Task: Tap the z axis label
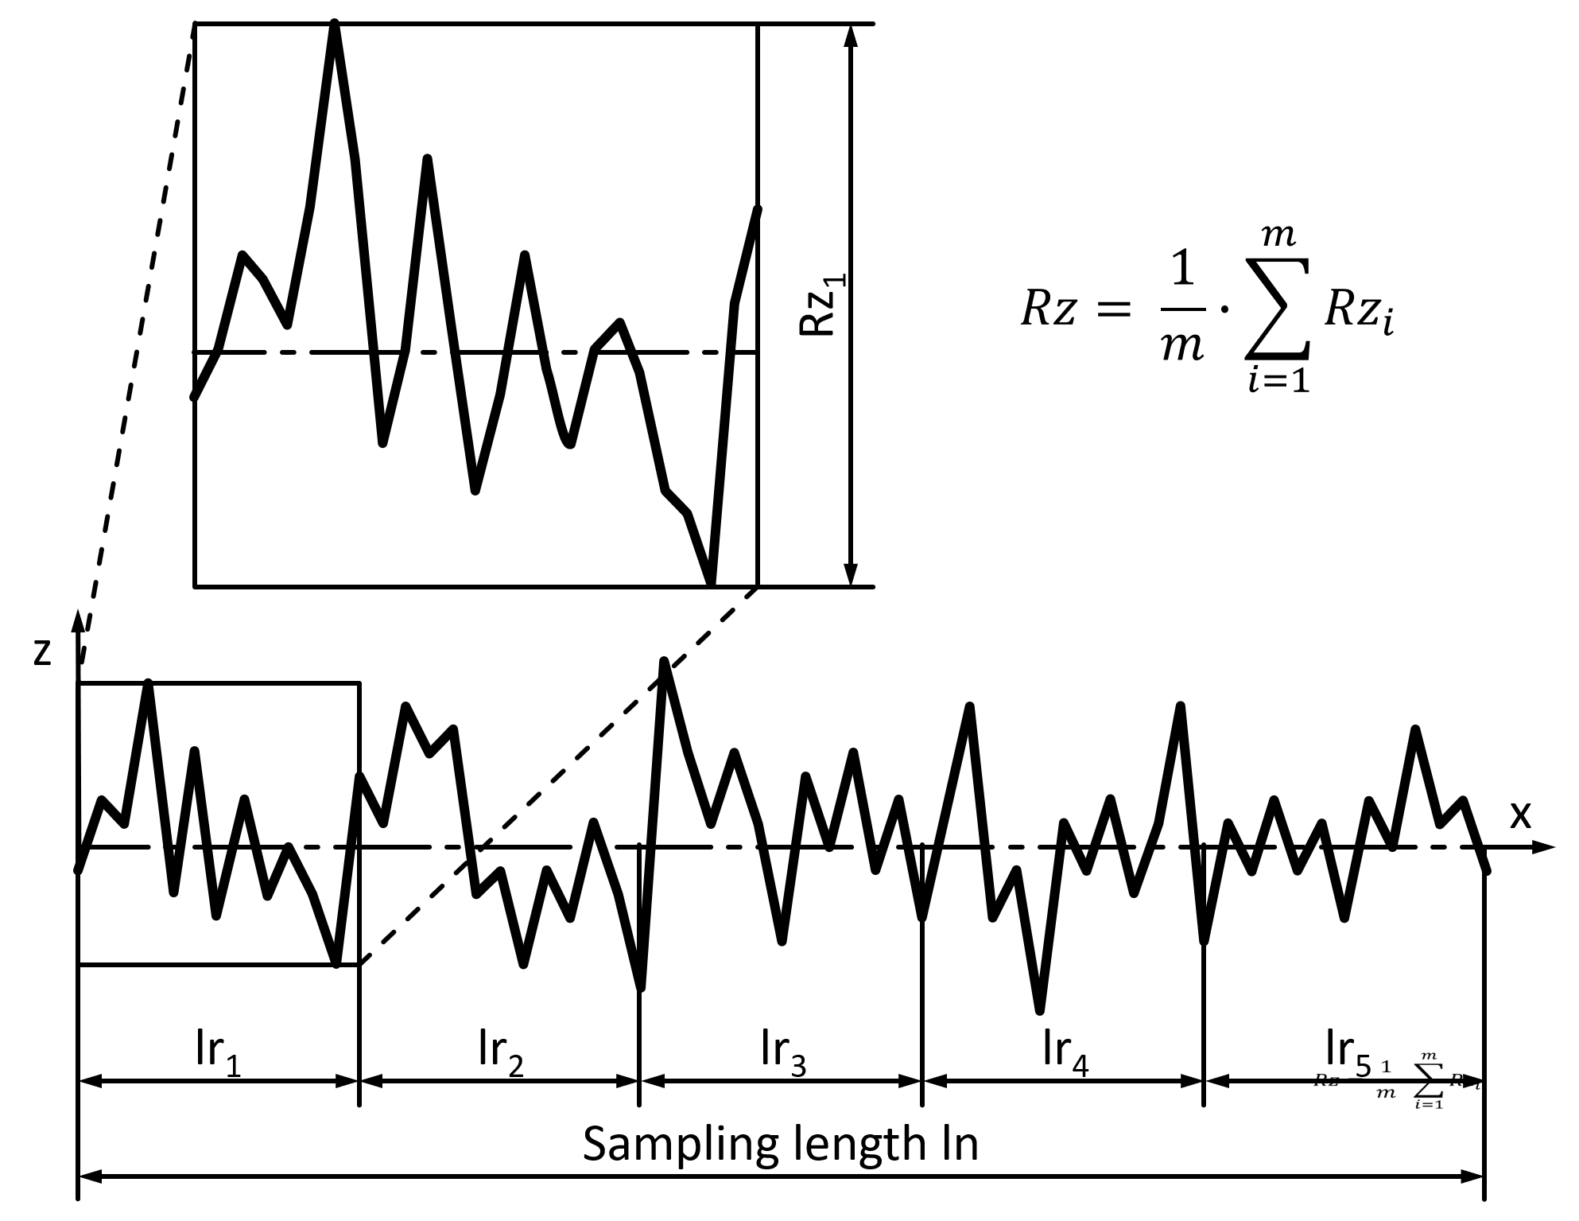[x=43, y=651]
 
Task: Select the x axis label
[x=1519, y=815]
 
